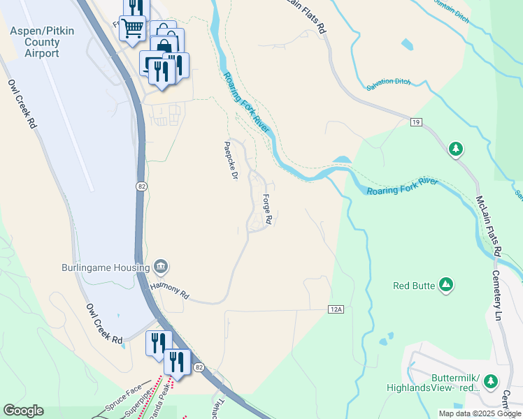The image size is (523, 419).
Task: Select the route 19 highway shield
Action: (416, 123)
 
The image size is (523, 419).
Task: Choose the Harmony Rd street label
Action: (170, 291)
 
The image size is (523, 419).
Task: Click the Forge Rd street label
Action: (267, 207)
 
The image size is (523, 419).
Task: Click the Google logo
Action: (23, 411)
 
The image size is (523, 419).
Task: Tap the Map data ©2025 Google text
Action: (479, 413)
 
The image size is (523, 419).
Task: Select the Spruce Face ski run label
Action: (124, 394)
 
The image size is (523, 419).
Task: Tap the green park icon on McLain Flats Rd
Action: (456, 149)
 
